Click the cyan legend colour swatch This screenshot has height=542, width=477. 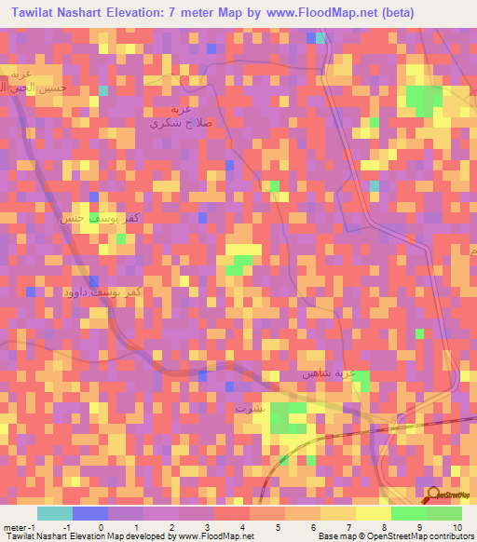tap(55, 513)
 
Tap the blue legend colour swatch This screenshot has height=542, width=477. tap(90, 513)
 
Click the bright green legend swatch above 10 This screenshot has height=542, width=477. tap(444, 513)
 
